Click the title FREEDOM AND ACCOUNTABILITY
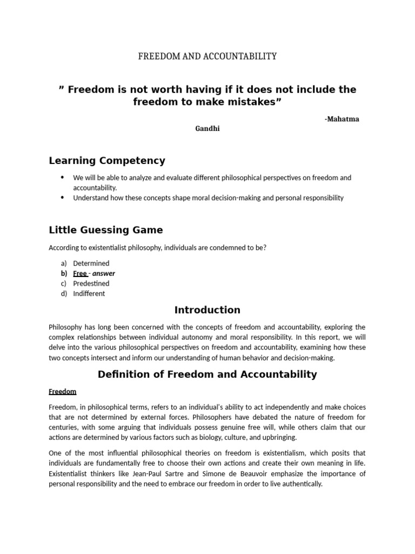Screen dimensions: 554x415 tap(207, 56)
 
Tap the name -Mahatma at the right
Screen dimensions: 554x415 tap(342, 119)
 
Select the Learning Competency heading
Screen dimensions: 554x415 tap(107, 161)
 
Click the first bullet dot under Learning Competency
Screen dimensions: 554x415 tap(63, 177)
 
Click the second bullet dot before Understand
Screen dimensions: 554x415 tap(63, 197)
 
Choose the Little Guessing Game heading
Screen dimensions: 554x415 tap(105, 230)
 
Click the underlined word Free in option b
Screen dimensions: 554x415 tap(79, 273)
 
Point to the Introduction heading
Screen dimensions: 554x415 tap(207, 310)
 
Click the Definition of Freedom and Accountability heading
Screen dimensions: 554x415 tap(207, 374)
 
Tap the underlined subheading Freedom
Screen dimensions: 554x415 tap(63, 391)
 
